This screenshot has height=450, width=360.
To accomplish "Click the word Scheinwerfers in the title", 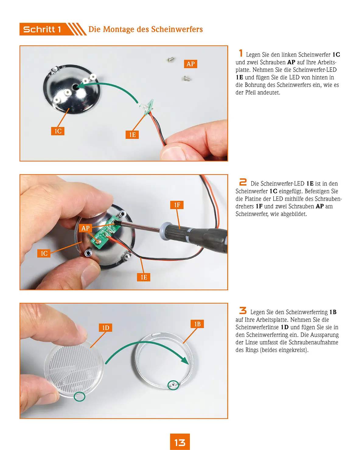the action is click(177, 29).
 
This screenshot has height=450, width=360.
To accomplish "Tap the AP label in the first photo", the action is click(190, 64).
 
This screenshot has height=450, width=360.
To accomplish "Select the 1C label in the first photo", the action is click(58, 131).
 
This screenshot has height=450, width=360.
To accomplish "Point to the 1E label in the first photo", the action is click(132, 135).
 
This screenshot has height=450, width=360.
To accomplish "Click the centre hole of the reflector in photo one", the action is click(75, 87).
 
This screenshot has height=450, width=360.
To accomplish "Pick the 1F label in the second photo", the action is click(177, 205).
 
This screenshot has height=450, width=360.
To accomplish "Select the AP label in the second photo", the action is click(85, 228).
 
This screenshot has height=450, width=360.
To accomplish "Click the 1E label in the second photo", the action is click(144, 277).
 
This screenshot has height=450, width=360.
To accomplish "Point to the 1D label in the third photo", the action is click(106, 328).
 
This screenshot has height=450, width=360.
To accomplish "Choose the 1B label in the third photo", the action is click(197, 324).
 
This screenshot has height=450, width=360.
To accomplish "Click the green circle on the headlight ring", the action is click(173, 385).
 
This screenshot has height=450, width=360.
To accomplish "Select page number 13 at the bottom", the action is click(180, 442).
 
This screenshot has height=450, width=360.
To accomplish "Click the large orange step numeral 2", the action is click(243, 182).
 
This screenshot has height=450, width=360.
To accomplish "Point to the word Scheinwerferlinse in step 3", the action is click(257, 327).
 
